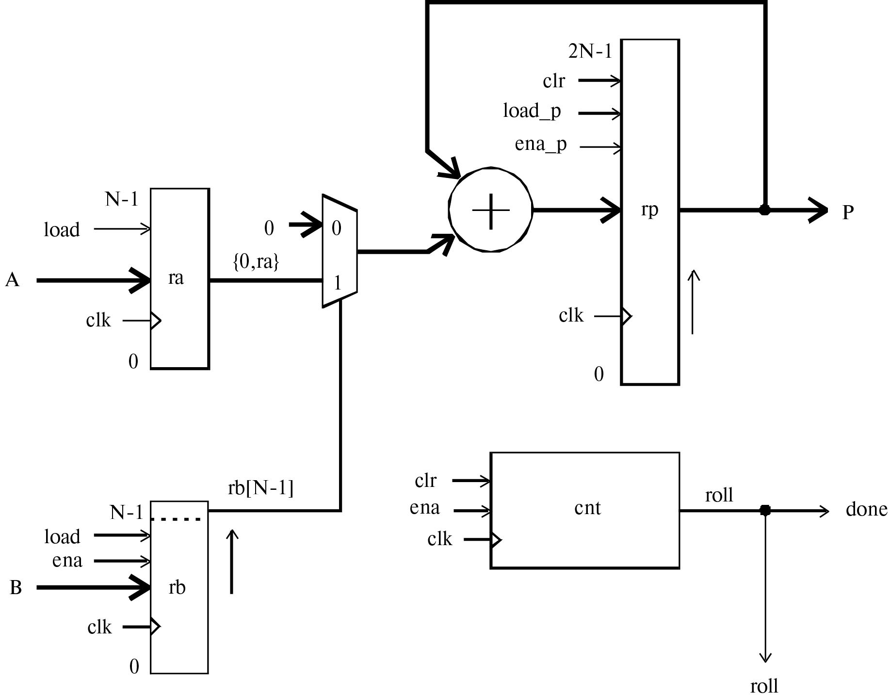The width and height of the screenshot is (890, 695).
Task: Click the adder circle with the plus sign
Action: [490, 210]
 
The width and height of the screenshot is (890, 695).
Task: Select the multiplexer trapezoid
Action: [340, 251]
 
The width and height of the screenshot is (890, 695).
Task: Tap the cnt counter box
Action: [584, 510]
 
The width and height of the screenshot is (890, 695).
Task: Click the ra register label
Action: [176, 278]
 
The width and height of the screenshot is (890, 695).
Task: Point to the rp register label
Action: [649, 210]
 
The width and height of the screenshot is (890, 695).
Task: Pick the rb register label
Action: [177, 587]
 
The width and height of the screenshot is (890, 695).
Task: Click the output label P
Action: [848, 212]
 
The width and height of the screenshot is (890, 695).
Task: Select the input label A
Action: [13, 280]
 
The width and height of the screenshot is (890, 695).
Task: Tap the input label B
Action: [16, 588]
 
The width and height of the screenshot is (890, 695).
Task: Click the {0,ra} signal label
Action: [256, 262]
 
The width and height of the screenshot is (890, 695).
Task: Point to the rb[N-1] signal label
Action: [260, 488]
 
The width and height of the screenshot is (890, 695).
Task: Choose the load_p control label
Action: [532, 112]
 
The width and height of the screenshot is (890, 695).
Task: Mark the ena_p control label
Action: [540, 145]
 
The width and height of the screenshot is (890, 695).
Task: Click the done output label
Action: [866, 509]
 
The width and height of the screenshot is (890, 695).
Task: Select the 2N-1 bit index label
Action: [590, 51]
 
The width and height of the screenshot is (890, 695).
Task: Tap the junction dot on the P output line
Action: [764, 210]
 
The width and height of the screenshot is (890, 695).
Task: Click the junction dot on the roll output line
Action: [765, 510]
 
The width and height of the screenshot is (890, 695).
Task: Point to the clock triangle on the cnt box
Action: [496, 539]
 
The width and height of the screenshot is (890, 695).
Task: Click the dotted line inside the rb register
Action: [176, 519]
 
